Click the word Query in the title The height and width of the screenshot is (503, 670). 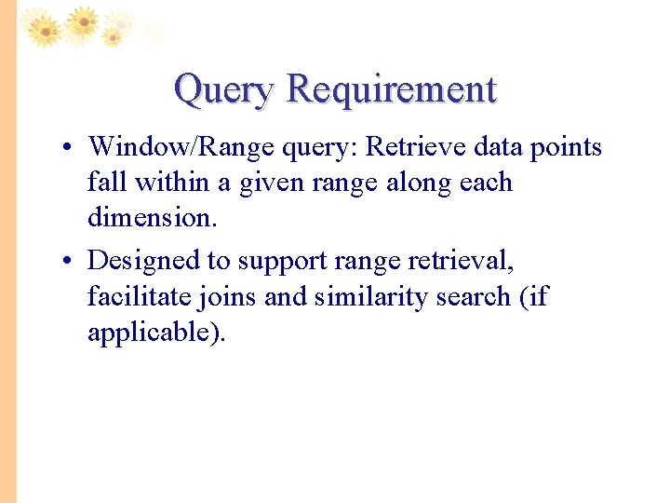(223, 90)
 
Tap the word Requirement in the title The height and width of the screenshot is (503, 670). (392, 90)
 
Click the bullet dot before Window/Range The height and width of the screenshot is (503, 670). (69, 148)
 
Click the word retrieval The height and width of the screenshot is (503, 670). (461, 262)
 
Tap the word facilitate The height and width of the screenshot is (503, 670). (138, 297)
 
